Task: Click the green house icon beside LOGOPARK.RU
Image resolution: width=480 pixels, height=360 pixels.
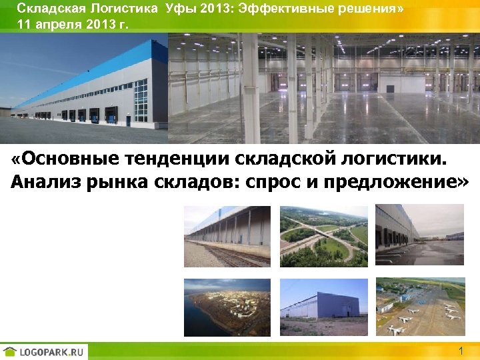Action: (10, 351)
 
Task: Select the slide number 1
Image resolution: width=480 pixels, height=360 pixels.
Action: (461, 351)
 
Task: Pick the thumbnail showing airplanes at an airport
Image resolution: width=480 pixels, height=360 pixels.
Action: (419, 306)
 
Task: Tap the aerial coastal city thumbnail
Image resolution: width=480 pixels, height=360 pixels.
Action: (227, 306)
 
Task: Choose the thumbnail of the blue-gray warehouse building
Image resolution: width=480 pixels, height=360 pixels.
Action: (323, 306)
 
